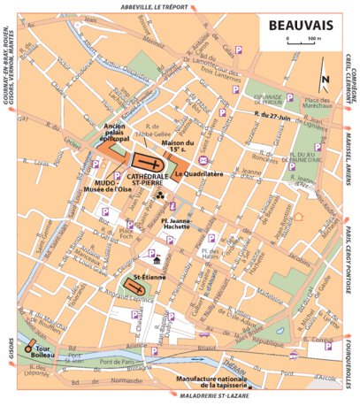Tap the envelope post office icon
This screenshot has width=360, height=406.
[x=205, y=160]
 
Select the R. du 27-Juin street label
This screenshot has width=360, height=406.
[x=271, y=114]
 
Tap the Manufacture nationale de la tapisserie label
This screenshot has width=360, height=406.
[x=210, y=382]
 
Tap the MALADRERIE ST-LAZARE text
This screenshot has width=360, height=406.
[x=207, y=400]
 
